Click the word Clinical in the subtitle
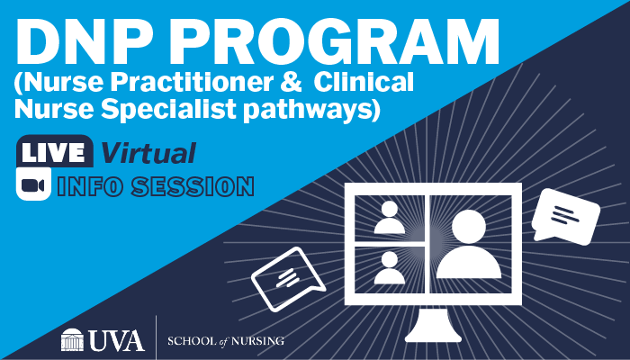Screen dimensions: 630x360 coord(364,82)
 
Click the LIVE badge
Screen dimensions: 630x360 coord(54,151)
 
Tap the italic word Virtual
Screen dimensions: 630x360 coord(148,152)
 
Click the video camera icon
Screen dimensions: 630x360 coord(34,184)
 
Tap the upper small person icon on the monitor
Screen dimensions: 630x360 coord(390,218)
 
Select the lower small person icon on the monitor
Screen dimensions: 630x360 coord(390,268)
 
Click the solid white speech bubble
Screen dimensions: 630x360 coord(566,217)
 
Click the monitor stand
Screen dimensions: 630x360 coord(433,326)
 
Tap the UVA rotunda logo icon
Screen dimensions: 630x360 coord(72,339)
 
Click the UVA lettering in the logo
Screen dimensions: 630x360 coord(116,340)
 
